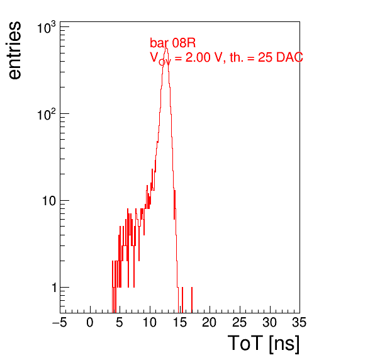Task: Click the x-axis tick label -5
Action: [x=60, y=323]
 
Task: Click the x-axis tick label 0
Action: [x=90, y=323]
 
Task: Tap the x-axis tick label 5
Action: [x=120, y=323]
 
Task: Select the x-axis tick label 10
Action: [x=150, y=323]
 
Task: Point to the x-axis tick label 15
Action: [x=180, y=323]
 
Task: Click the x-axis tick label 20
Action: [x=210, y=323]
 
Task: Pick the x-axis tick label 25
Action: [x=240, y=323]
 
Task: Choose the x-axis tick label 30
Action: [x=270, y=323]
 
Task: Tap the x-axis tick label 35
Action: [x=299, y=323]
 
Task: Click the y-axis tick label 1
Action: [x=54, y=288]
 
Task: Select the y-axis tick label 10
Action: [x=50, y=201]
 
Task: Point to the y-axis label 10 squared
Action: [x=47, y=115]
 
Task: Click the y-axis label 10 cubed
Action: [x=47, y=28]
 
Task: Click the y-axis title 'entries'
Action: [x=15, y=50]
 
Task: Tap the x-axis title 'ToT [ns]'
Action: [x=264, y=344]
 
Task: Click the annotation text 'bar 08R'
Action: [x=172, y=43]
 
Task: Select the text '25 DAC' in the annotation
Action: [x=281, y=57]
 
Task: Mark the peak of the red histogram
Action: [x=166, y=47]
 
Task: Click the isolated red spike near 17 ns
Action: [x=192, y=300]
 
